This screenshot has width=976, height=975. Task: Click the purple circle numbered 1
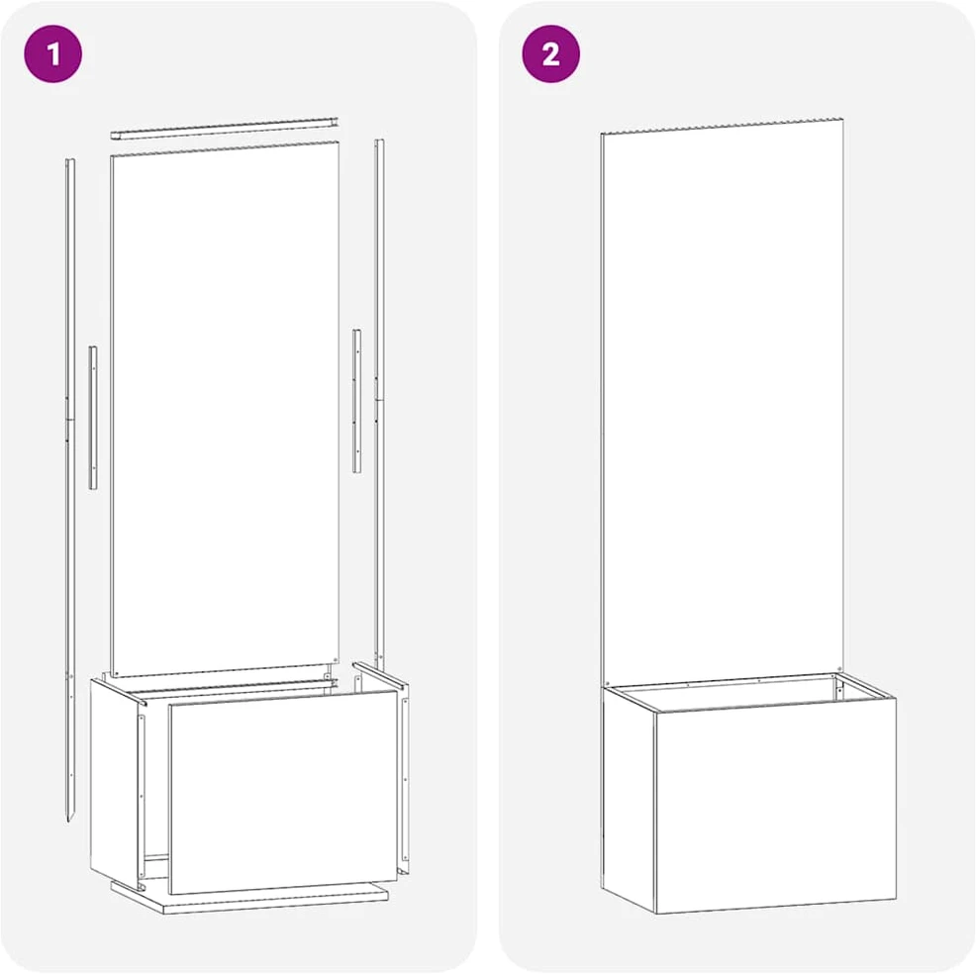pos(52,53)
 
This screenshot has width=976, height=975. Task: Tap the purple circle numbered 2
pos(550,53)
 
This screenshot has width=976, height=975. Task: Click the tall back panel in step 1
pos(225,409)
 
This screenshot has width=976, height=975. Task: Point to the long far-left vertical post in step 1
pos(70,490)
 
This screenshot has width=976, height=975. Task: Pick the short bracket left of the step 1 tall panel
pos(93,417)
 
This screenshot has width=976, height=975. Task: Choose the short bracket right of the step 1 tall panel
pos(356,401)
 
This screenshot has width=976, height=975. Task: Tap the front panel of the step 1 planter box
pos(283,791)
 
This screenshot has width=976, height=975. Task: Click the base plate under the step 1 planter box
pos(250,897)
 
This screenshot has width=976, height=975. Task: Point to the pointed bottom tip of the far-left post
pos(69,822)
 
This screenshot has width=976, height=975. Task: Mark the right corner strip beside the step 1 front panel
pos(405,786)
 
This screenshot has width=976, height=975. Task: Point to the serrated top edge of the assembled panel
pos(722,125)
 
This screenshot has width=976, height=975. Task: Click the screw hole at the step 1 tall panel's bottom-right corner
pos(336,658)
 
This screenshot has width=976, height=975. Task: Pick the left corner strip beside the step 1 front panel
pos(142,796)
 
